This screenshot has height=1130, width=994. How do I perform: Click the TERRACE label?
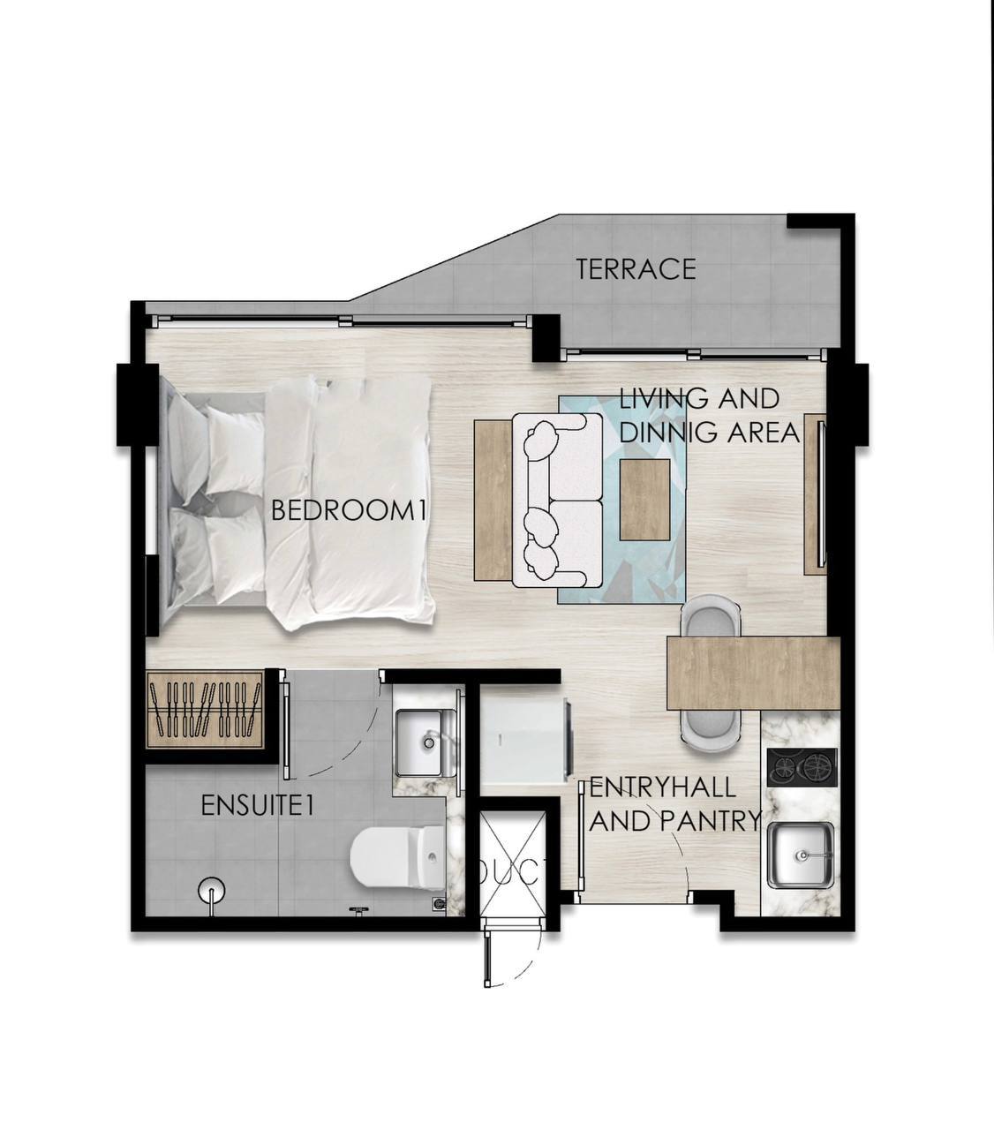pos(636,269)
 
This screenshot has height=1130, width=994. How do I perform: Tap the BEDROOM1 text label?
pos(350,510)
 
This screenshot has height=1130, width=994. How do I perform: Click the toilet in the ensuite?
pos(398,866)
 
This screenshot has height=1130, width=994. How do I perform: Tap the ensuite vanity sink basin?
pos(424,742)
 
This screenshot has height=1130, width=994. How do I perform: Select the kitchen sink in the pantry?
pos(801,855)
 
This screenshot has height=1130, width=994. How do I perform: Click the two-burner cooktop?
pos(802,767)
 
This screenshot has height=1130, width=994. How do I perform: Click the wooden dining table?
pos(754,674)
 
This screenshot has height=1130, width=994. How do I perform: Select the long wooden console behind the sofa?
pos(493,501)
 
